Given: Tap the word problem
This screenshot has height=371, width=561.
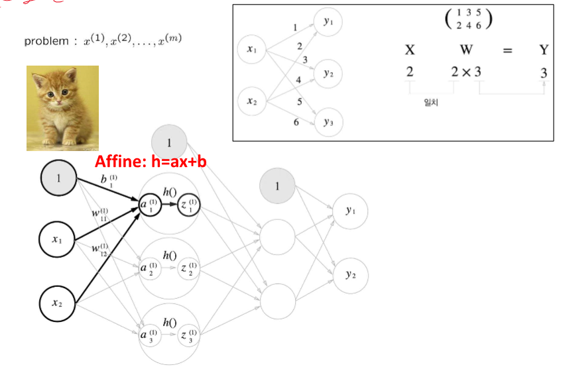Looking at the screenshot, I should coord(46,42).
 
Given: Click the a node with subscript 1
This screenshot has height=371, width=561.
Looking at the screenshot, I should coord(149,206).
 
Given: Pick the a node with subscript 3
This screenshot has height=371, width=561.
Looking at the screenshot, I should coord(149,335).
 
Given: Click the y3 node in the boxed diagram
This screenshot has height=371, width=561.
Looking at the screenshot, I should coord(329,122).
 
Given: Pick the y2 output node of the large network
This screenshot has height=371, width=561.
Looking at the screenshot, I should coord(349,274).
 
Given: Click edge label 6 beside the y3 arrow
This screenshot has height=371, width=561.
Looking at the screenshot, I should coord(296,123).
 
